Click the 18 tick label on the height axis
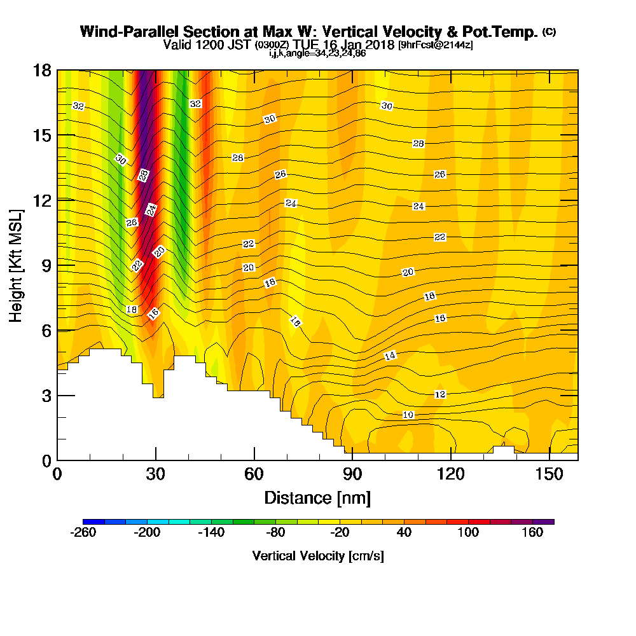pyautogui.click(x=43, y=70)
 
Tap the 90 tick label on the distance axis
pyautogui.click(x=352, y=474)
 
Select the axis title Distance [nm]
pyautogui.click(x=317, y=497)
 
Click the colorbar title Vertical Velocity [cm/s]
pyautogui.click(x=318, y=556)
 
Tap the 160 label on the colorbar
pyautogui.click(x=533, y=533)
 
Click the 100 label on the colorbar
pyautogui.click(x=469, y=533)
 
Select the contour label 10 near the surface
pyautogui.click(x=408, y=415)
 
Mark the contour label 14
pyautogui.click(x=391, y=356)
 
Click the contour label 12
pyautogui.click(x=439, y=394)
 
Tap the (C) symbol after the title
pyautogui.click(x=549, y=32)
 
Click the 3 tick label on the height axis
pyautogui.click(x=46, y=396)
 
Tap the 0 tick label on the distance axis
pyautogui.click(x=57, y=474)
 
